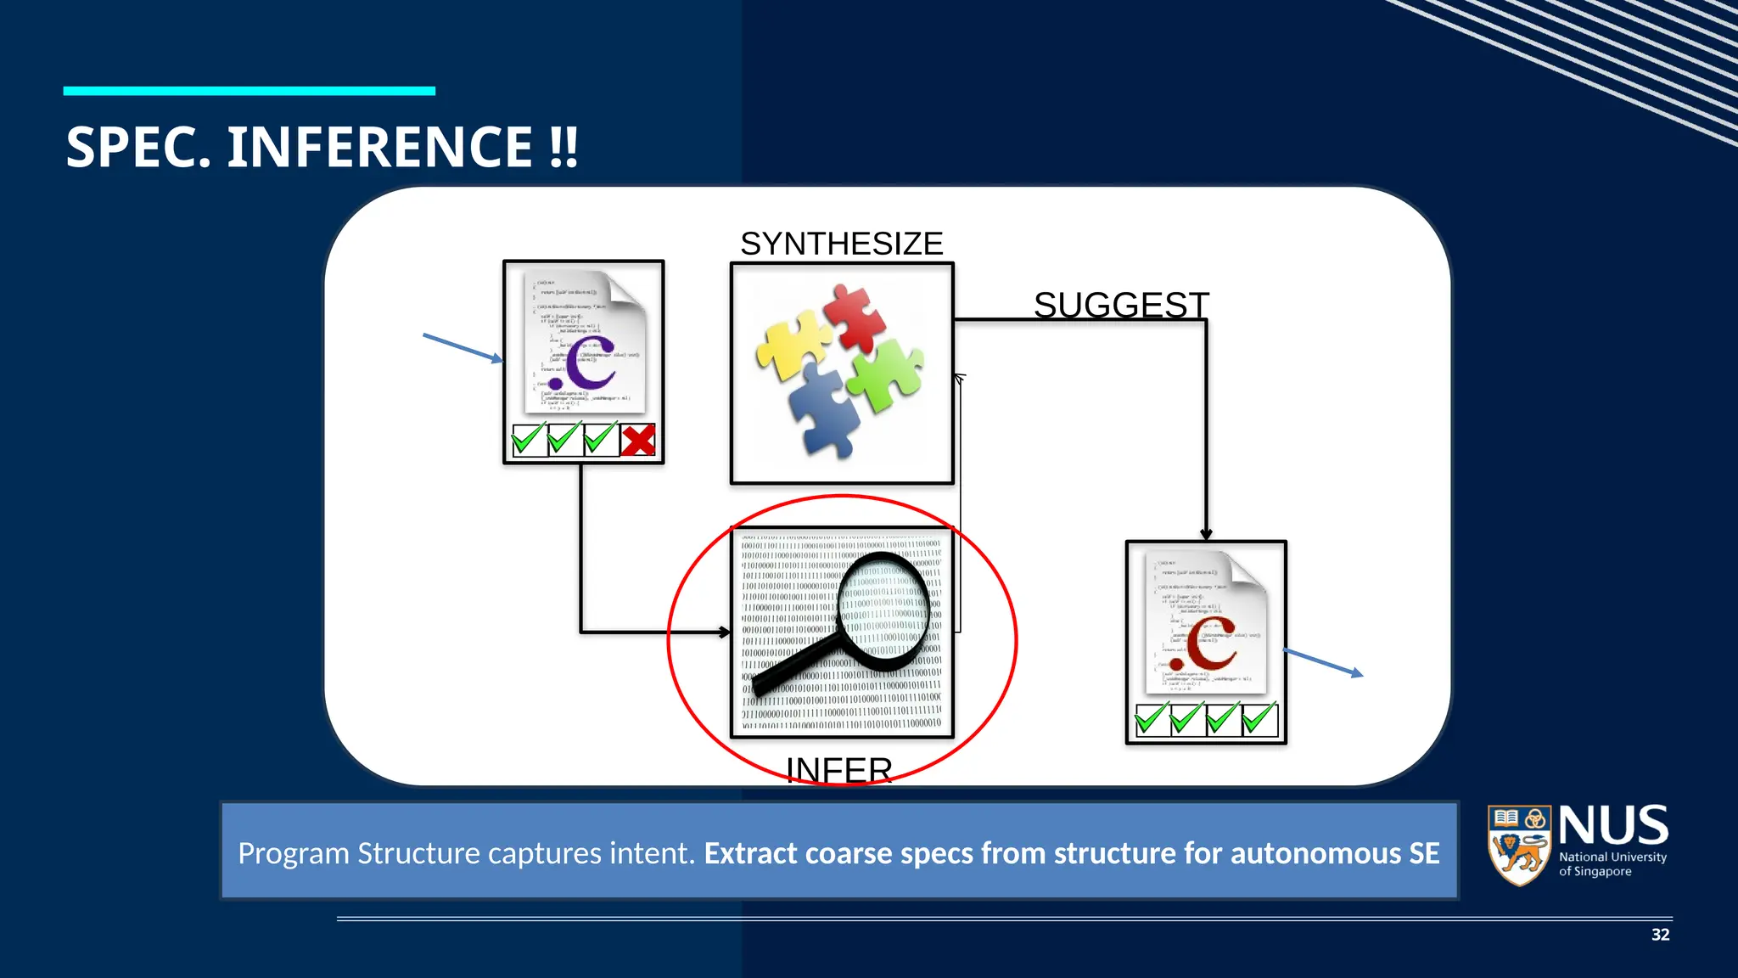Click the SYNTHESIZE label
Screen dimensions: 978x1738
841,244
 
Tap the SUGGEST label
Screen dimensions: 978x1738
1121,305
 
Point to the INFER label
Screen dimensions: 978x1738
838,769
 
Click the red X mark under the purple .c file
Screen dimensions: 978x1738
638,441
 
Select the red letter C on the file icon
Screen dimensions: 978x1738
1209,645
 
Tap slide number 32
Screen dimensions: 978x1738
1660,935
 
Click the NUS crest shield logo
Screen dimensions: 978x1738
1520,845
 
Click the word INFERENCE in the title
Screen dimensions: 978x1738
379,148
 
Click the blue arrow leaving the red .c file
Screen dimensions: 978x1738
1323,662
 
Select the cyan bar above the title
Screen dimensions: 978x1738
249,91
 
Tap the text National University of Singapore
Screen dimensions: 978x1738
1612,864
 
